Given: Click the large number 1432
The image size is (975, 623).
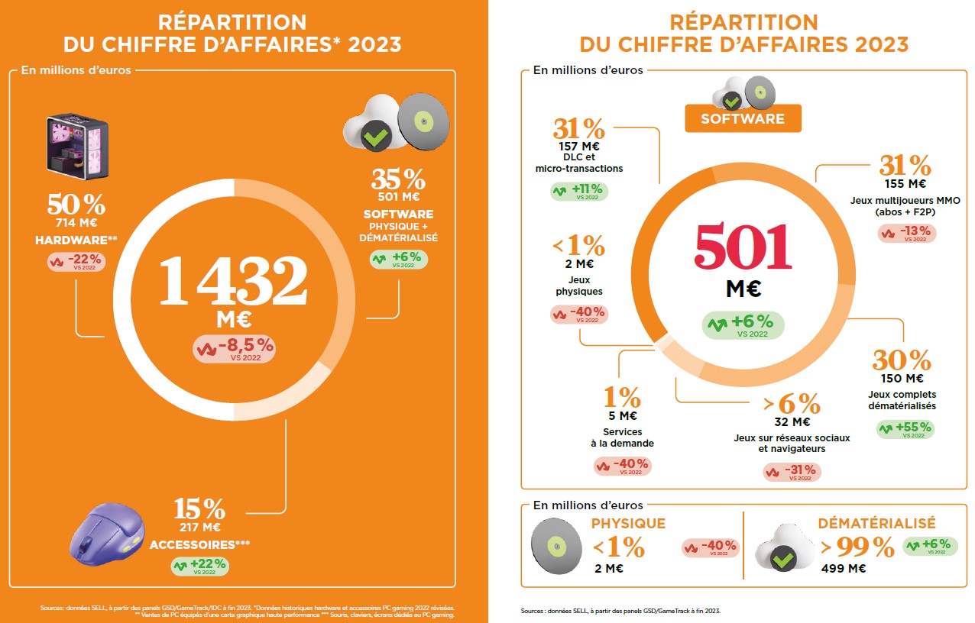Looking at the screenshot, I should coord(233,280).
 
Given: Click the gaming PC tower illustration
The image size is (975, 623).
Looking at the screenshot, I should coord(77,147).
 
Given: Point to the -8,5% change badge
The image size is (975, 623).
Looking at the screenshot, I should coord(234,348).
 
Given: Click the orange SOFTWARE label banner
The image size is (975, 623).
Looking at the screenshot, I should coord(742,118).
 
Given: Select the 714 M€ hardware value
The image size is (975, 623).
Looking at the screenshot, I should coord(76,223).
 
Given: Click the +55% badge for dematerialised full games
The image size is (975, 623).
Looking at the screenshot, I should coord(905,429).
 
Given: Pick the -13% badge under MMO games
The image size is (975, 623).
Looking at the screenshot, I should coord(907,233).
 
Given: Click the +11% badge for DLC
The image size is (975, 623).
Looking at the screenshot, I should coord(579,191).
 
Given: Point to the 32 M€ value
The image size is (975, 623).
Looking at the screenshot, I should coord(791,421).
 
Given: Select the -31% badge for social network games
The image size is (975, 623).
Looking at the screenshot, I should coord(792,472).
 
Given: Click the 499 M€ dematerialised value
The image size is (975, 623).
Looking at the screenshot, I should coord(843,568).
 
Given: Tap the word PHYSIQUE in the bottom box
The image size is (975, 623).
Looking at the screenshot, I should coord(628,524).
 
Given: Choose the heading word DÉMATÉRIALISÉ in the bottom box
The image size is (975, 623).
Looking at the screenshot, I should coord(876,524).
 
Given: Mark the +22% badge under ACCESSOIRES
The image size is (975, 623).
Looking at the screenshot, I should coord(199,566).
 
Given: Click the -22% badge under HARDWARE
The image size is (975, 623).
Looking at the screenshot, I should coord(76,261).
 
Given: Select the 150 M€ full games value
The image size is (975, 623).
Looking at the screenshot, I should coord(902,378).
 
